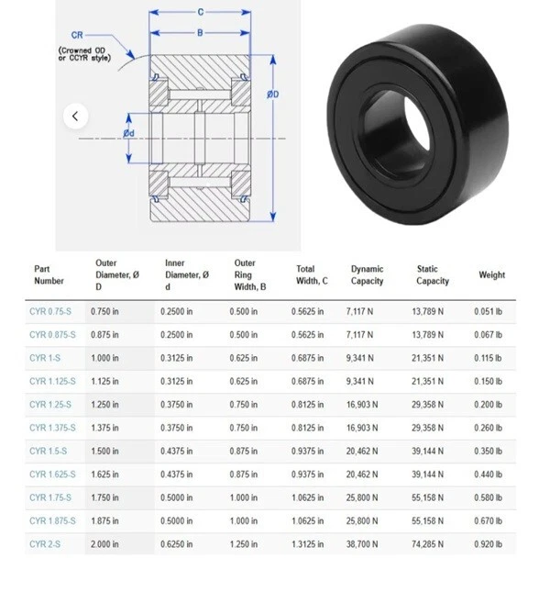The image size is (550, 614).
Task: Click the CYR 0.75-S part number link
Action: click(50, 312)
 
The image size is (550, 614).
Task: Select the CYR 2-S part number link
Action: click(45, 544)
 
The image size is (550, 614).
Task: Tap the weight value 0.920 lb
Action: click(489, 544)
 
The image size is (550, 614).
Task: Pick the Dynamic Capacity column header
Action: click(367, 275)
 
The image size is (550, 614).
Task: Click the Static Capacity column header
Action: click(433, 275)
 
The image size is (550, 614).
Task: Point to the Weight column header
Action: click(492, 275)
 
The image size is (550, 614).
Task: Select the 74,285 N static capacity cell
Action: click(427, 544)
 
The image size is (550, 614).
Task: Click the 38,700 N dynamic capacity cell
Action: click(362, 544)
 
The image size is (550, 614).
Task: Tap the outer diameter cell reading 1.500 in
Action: click(104, 452)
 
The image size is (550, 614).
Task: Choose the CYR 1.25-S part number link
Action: click(50, 405)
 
